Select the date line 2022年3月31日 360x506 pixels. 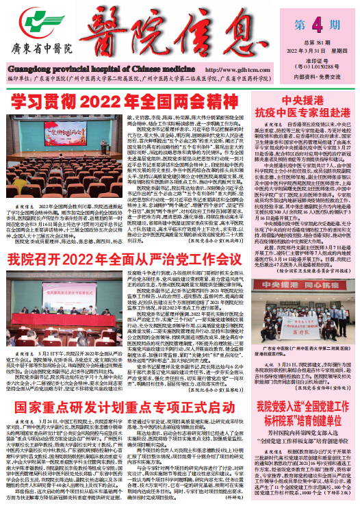coord(305,50)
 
